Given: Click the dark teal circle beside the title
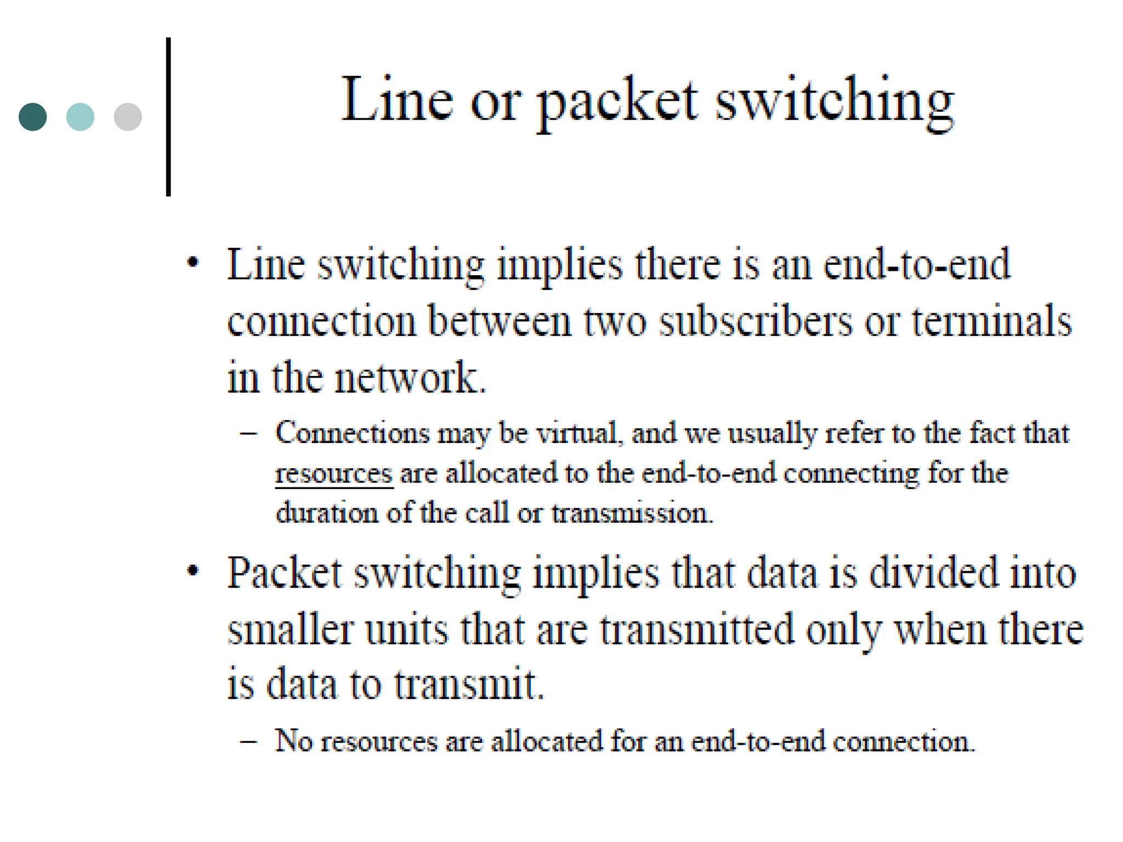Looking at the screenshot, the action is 33,117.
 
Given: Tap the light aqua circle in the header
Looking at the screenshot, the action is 80,117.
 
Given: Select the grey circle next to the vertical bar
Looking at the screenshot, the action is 128,117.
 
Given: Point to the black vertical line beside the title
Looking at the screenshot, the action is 168,117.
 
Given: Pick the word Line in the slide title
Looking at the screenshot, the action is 398,100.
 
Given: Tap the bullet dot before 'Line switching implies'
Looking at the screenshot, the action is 192,263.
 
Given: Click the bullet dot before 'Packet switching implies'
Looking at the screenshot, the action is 192,571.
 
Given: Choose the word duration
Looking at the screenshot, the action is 327,514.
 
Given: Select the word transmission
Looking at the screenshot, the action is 632,514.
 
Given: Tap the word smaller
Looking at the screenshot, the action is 291,629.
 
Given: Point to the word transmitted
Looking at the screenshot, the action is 697,629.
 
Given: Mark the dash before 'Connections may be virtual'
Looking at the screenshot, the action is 248,434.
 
